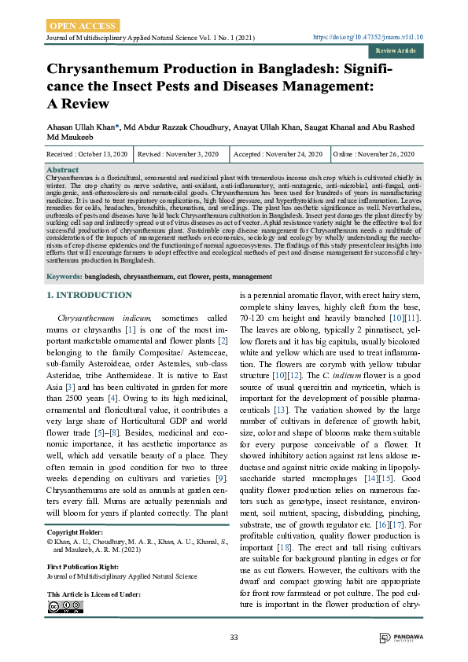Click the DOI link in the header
coord(369,37)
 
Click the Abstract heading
coord(63,170)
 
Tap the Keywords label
coord(64,277)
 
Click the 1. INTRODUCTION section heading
coord(89,295)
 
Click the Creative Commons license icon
coord(64,606)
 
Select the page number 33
coord(234,636)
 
